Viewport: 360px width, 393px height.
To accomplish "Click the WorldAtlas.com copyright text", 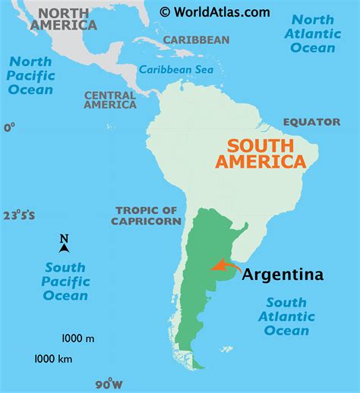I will pyautogui.click(x=214, y=11).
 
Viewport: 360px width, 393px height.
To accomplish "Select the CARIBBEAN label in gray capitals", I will pyautogui.click(x=195, y=39).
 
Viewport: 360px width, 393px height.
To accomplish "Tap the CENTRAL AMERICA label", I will pyautogui.click(x=110, y=100).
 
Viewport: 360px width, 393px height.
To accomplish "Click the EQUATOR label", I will pyautogui.click(x=311, y=121).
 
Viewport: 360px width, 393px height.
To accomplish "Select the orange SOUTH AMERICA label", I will pyautogui.click(x=261, y=153).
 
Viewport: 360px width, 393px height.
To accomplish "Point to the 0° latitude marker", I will pyautogui.click(x=8, y=127).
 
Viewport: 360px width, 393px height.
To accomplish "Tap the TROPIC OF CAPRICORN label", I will pyautogui.click(x=147, y=215).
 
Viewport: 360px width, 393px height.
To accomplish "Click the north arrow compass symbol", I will pyautogui.click(x=65, y=244).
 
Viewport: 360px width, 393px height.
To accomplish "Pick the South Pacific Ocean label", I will pyautogui.click(x=66, y=281).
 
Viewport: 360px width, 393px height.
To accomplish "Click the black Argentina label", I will pyautogui.click(x=283, y=274).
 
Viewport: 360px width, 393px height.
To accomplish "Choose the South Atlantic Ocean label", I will pyautogui.click(x=287, y=316).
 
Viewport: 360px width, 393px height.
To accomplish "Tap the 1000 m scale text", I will pyautogui.click(x=78, y=338).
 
